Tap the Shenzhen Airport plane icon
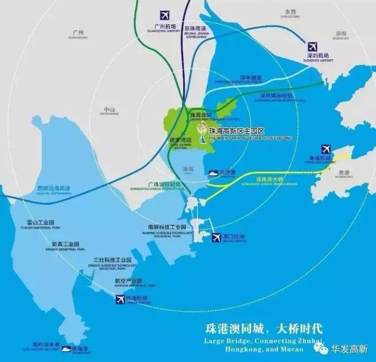(312, 46)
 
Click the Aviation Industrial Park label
(128, 281)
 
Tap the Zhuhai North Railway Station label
(197, 116)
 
